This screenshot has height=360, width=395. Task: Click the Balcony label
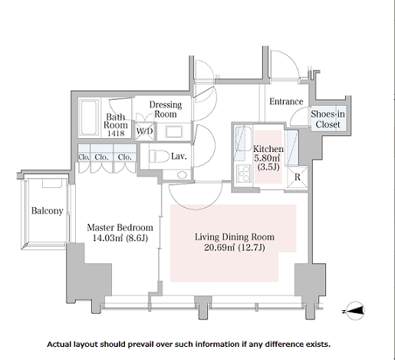pos(48,211)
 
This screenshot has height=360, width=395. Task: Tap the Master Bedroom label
pos(120,227)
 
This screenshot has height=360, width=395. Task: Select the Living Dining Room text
pos(235,237)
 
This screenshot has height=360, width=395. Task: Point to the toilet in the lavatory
pos(159,156)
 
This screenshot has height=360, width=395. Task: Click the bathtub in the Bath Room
pos(89,117)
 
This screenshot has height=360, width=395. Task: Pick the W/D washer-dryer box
pos(145,131)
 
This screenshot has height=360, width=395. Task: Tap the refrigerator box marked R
pos(298,177)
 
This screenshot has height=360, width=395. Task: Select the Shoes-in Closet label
pos(328,119)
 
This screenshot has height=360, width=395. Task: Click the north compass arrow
pos(355,311)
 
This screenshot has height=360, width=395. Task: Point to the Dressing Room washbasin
pos(174,132)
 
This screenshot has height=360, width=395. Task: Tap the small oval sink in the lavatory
pos(182,175)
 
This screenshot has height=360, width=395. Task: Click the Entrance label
pos(286,101)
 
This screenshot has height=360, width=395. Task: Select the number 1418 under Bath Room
pos(116,133)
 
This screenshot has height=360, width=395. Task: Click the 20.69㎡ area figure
pos(219,248)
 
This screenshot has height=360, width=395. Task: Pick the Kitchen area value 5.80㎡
pos(267,158)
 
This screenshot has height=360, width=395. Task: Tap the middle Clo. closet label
pos(101,157)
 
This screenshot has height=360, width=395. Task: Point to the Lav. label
pos(179,156)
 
